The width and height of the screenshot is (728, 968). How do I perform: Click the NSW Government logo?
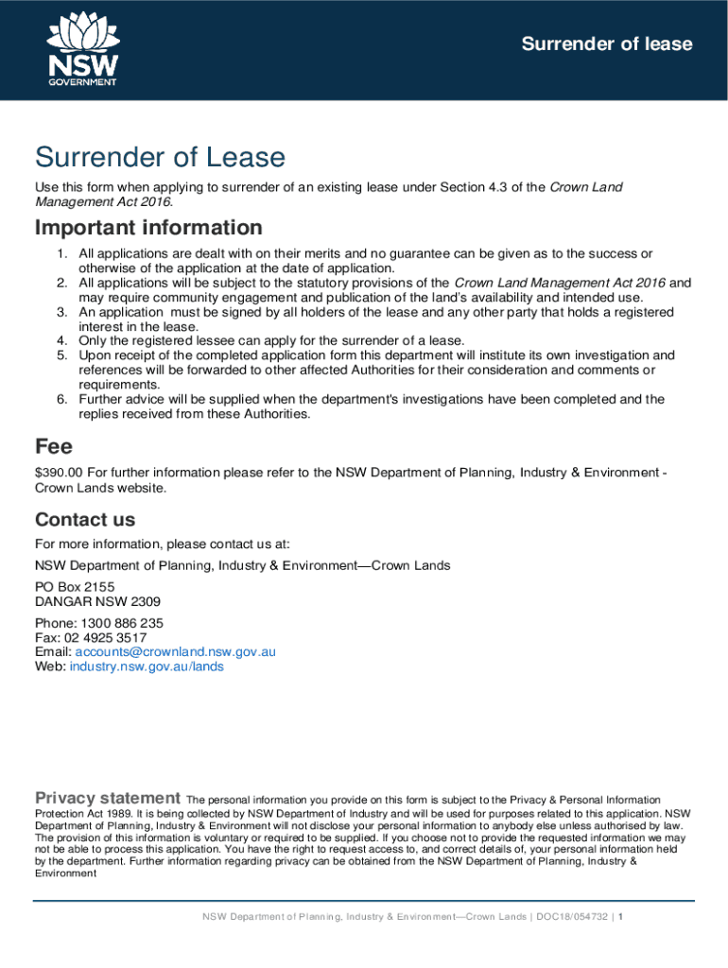(x=82, y=49)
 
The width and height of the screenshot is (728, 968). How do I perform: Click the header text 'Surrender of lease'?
(x=608, y=44)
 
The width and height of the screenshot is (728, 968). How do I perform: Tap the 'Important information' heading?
(x=148, y=228)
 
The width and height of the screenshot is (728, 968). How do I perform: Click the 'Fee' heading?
(x=54, y=445)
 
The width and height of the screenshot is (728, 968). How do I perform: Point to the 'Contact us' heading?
(x=85, y=519)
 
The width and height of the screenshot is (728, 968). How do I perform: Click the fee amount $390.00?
(x=60, y=472)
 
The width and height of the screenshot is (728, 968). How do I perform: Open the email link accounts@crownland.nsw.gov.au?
(x=175, y=651)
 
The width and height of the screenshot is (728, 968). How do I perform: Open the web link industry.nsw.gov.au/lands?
(x=147, y=666)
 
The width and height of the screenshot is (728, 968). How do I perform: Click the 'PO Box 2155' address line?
(x=75, y=587)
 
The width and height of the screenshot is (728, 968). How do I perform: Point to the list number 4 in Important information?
(x=61, y=340)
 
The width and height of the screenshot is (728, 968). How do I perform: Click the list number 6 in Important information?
(x=61, y=399)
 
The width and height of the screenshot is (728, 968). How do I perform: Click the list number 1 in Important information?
(x=61, y=253)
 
